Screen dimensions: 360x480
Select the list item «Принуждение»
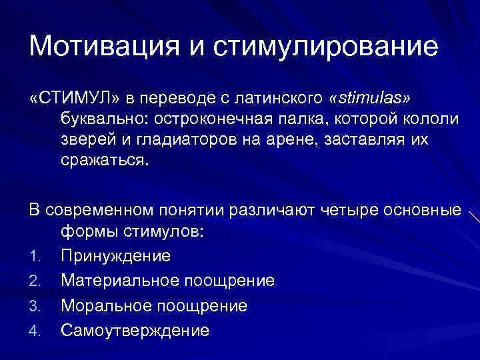coord(115,257)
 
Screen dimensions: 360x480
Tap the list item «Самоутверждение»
coord(135,330)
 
